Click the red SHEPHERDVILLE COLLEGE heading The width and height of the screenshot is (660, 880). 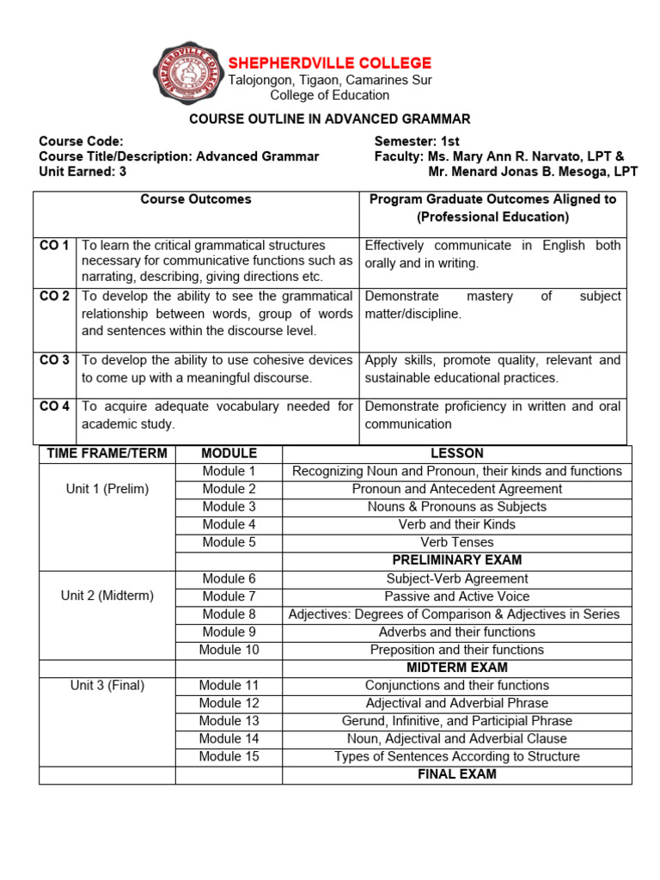pos(329,64)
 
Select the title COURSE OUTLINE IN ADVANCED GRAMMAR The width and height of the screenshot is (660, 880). pos(330,119)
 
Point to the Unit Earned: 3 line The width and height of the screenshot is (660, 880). pos(82,172)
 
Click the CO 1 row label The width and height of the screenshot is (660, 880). pos(55,246)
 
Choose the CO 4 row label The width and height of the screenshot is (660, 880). pos(55,406)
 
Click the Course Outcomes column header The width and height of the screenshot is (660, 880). pos(196,199)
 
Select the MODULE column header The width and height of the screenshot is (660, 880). pos(229,453)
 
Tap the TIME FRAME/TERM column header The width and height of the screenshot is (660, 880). pos(107,453)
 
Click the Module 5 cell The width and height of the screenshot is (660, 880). pos(229,542)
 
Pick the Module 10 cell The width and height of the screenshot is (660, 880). pos(229,650)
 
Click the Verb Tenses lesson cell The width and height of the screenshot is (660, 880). pos(456,542)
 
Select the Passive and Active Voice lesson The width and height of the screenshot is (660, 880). pos(456,596)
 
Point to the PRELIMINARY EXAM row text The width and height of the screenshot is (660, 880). pos(456,560)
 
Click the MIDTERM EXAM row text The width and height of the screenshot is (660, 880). pos(456,668)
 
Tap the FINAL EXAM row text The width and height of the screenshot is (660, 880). pos(456,774)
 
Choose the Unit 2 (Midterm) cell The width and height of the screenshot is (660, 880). pos(107,596)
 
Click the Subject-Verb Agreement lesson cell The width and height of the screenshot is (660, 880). pos(456,578)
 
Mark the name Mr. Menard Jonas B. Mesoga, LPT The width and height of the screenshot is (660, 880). pos(533,172)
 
